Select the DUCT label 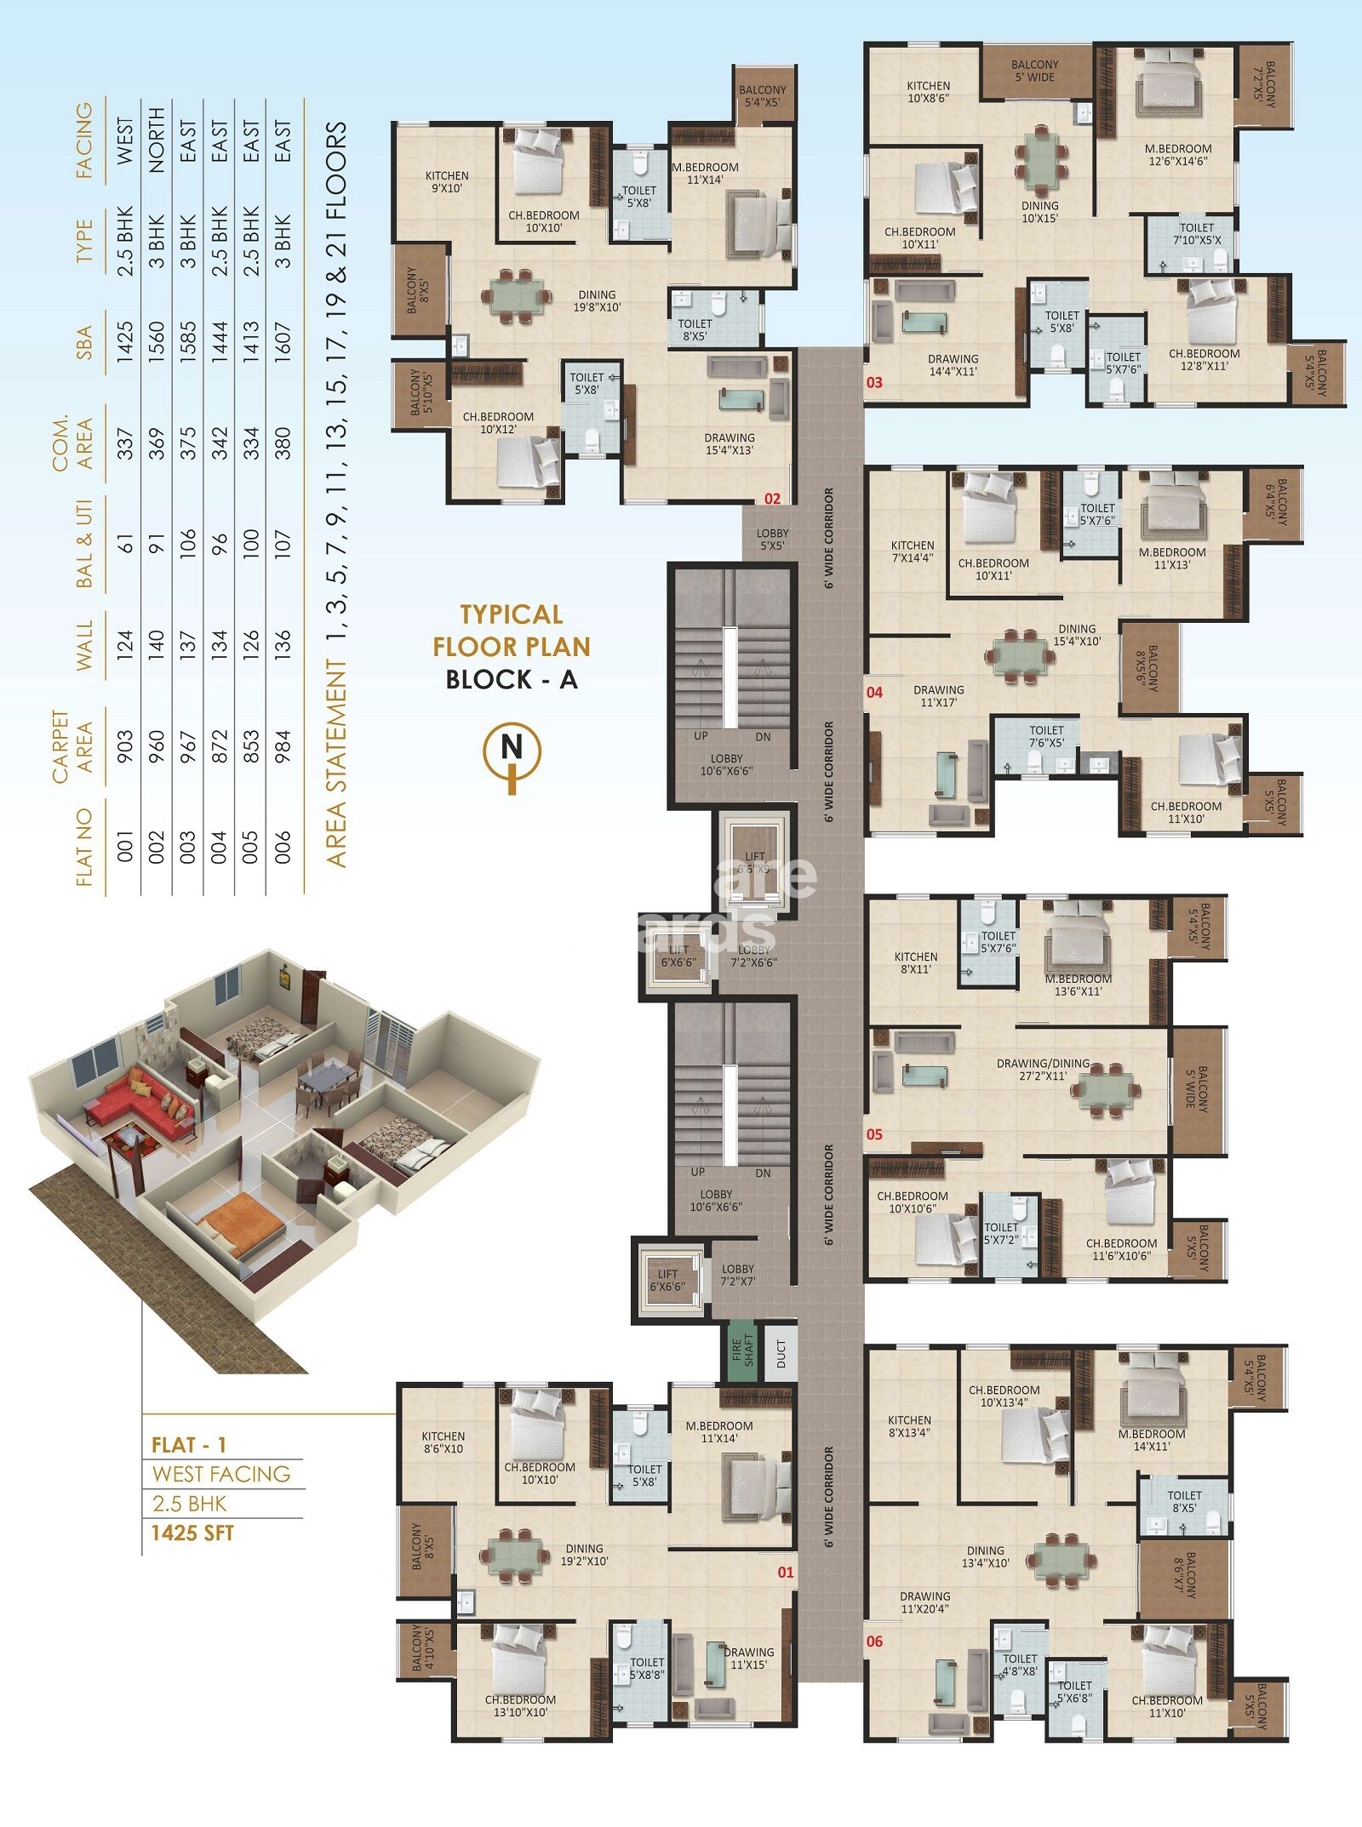[x=781, y=1352]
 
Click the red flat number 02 [x=772, y=499]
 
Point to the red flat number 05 [x=874, y=1134]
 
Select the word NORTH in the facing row [x=157, y=140]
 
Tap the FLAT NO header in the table [x=83, y=846]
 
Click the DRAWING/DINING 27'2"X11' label [x=1043, y=1070]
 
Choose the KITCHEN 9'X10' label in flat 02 [x=447, y=182]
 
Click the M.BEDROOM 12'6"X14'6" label [x=1178, y=155]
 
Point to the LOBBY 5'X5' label [x=772, y=540]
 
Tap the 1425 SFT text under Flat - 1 [x=192, y=1533]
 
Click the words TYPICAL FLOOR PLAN [x=511, y=631]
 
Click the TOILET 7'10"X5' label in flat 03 [x=1196, y=233]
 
